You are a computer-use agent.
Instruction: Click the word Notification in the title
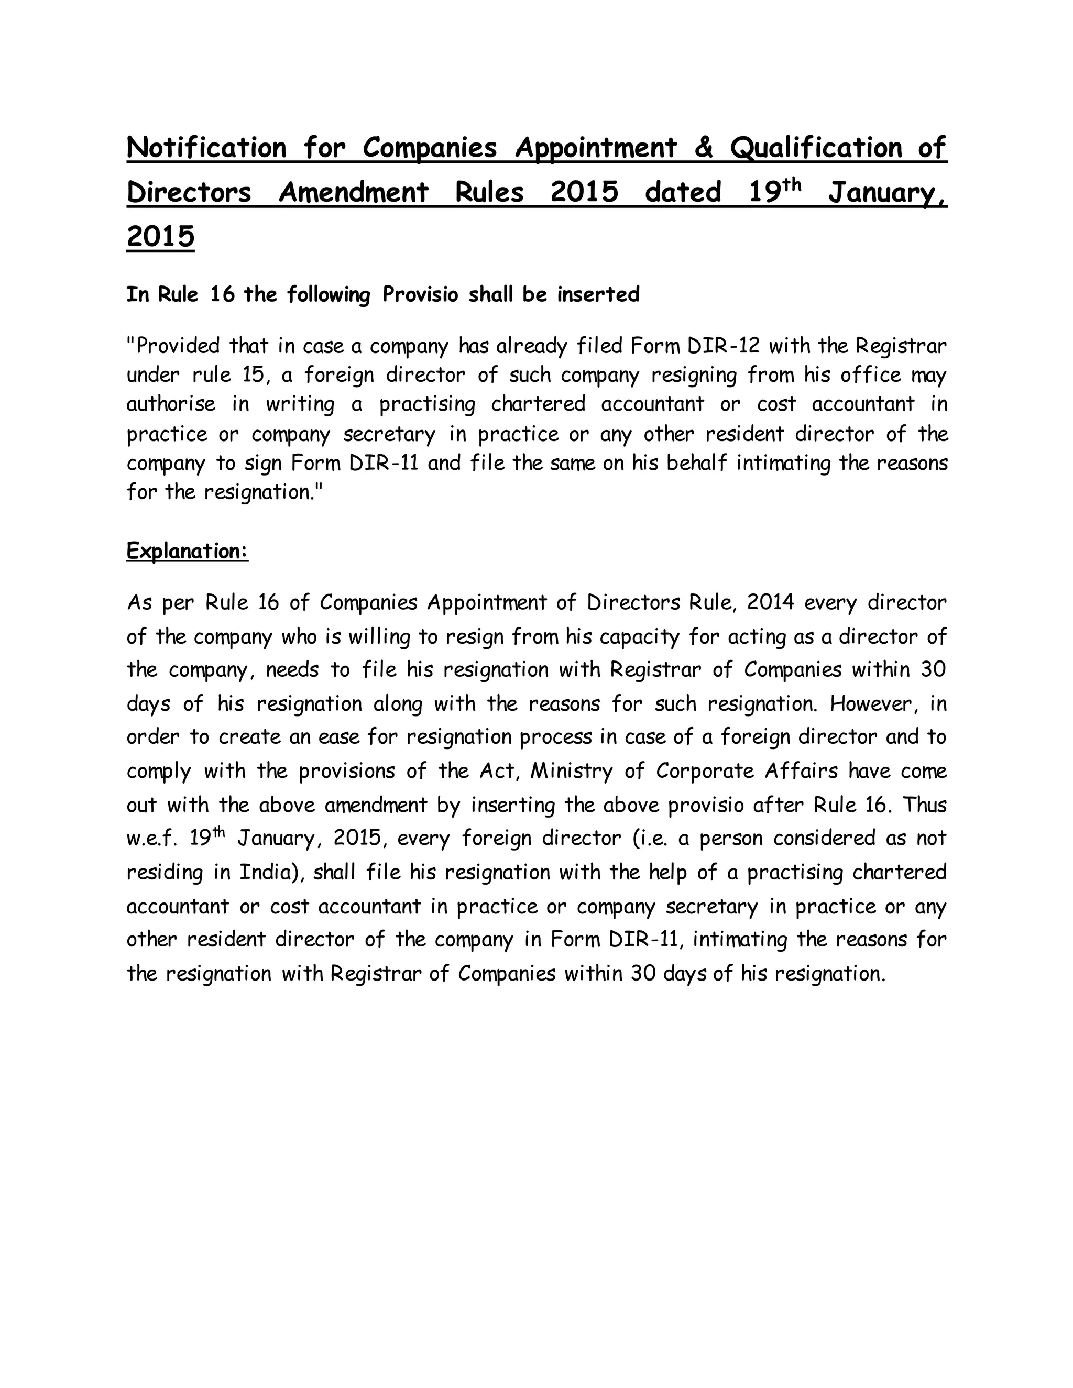206,148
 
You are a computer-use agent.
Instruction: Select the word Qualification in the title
816,148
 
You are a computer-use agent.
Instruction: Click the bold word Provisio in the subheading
420,295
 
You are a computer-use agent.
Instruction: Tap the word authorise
170,404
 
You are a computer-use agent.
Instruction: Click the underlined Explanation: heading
187,550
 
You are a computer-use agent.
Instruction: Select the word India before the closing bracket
263,872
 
